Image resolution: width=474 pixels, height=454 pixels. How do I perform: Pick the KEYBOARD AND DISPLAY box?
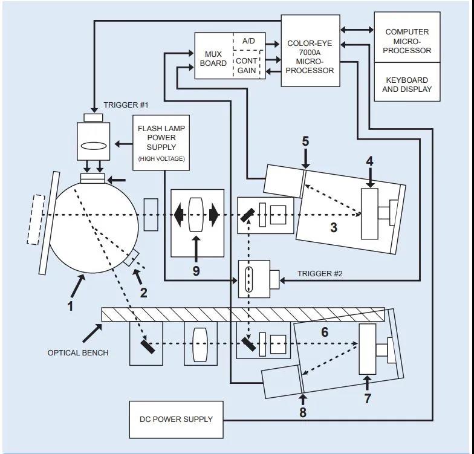(x=407, y=84)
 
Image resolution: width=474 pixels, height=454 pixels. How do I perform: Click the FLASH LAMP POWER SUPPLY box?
(x=161, y=143)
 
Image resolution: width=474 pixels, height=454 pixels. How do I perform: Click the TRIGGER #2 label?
(x=320, y=274)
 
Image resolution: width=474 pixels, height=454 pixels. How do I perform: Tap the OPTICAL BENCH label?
(x=78, y=352)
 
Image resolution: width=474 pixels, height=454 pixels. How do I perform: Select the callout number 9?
(x=196, y=271)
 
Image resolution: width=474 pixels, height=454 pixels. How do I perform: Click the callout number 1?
(x=71, y=305)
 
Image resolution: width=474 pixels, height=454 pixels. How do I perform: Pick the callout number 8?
(x=303, y=413)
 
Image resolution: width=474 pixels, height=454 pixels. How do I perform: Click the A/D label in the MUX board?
(x=249, y=41)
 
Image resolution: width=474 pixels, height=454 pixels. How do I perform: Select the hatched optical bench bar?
(x=242, y=314)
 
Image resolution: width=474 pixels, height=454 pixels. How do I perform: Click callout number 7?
(x=367, y=398)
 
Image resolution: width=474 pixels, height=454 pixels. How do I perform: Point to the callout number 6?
(x=325, y=332)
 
